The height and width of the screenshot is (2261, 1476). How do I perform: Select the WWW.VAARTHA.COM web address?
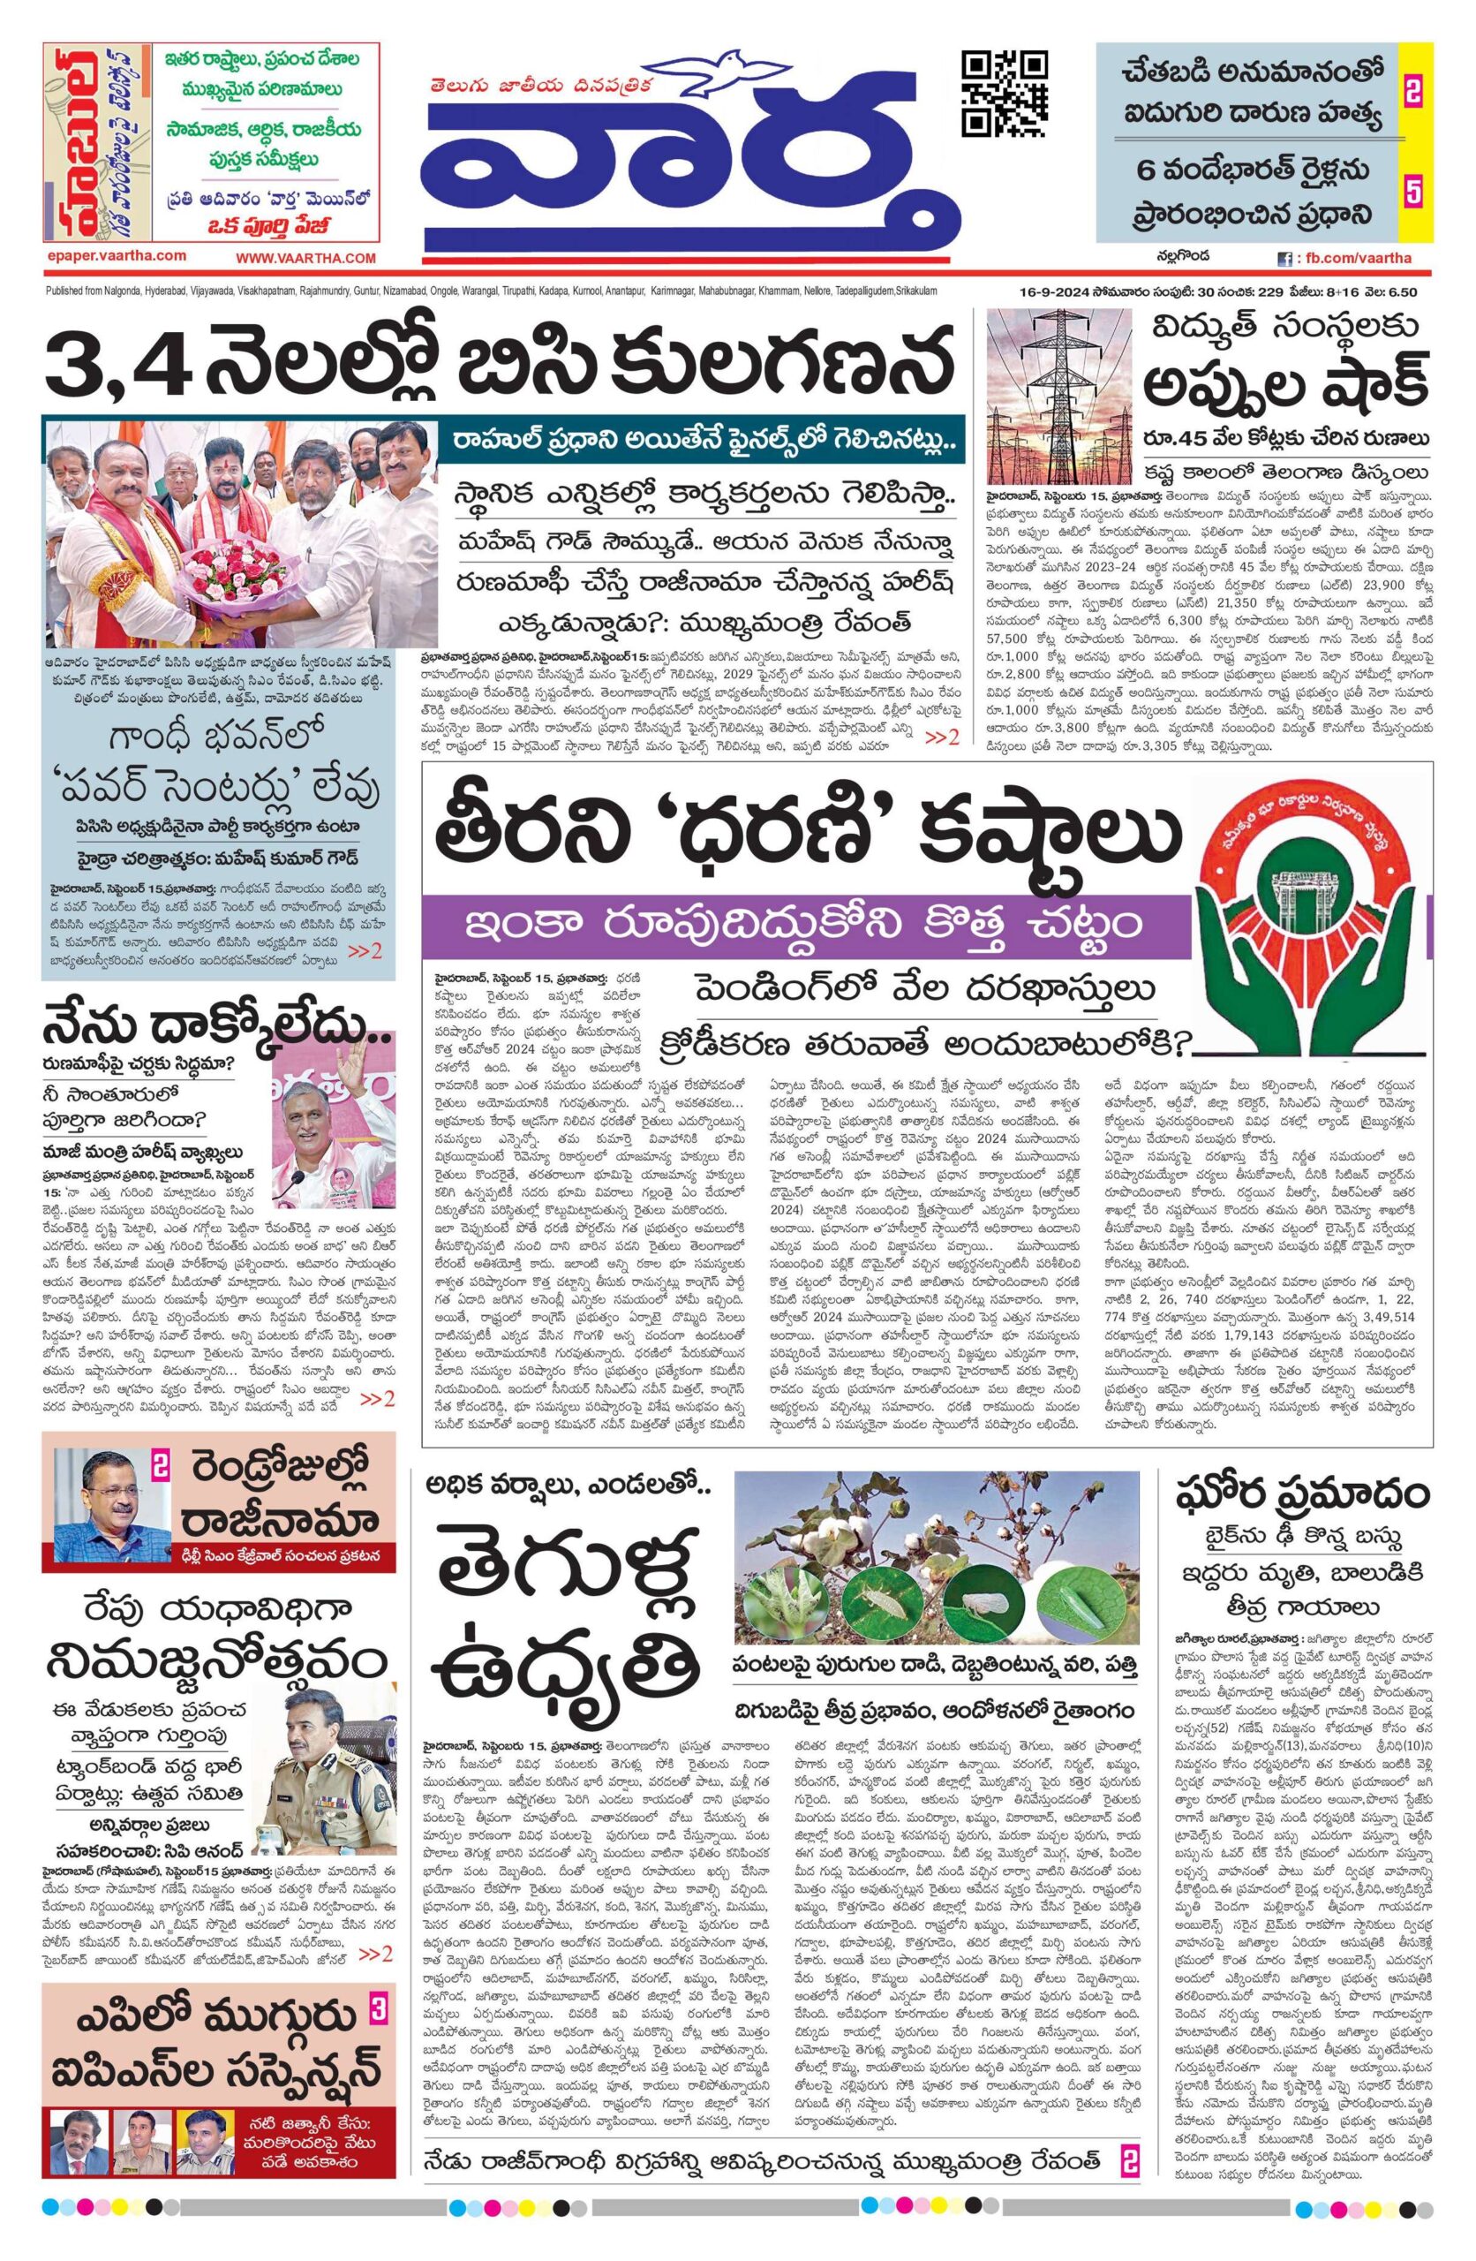click(x=305, y=257)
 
